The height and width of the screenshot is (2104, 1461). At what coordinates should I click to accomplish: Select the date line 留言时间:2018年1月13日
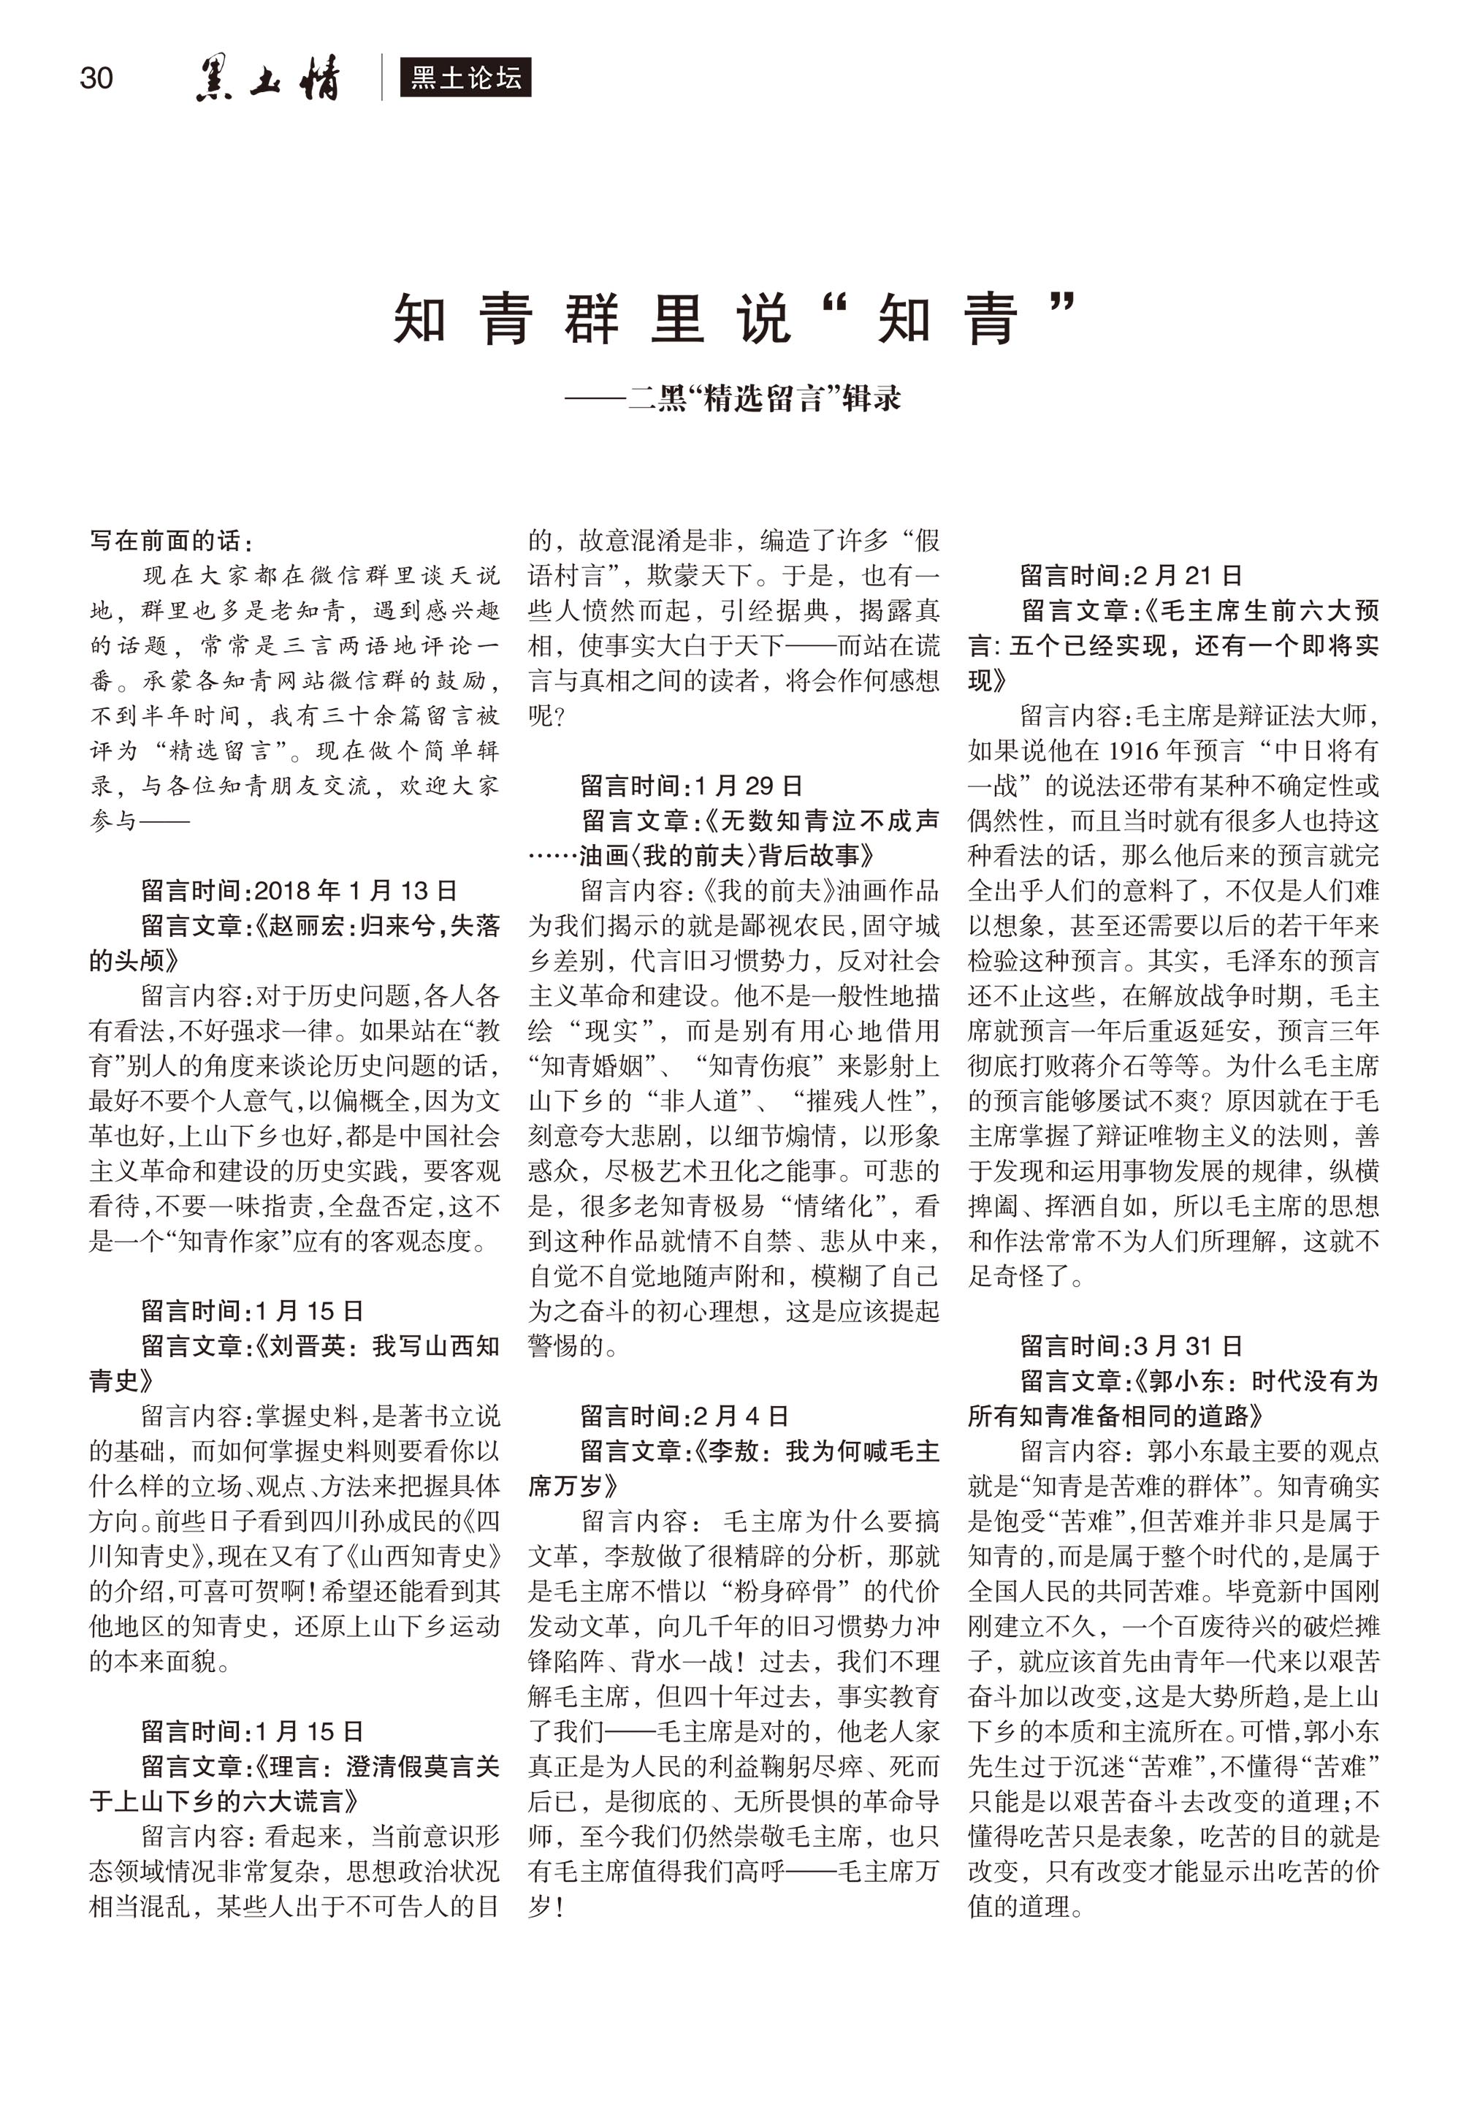(x=299, y=890)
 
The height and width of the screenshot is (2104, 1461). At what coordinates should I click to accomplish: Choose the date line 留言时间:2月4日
(x=684, y=1416)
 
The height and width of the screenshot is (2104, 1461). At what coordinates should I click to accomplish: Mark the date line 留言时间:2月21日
(x=1132, y=575)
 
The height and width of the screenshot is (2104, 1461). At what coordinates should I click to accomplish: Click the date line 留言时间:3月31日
(x=1132, y=1345)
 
